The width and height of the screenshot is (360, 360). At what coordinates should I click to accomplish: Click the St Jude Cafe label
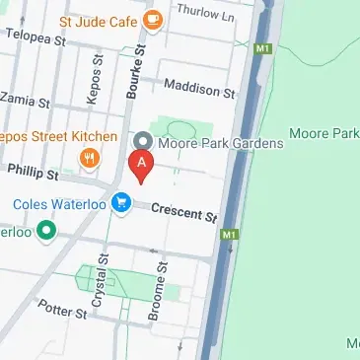pos(99,20)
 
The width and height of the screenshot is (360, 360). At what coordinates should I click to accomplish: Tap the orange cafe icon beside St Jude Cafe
pos(152,19)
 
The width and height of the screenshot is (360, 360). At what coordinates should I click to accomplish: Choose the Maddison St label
pos(200,90)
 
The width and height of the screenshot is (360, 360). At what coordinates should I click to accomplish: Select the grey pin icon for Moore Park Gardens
pos(142,141)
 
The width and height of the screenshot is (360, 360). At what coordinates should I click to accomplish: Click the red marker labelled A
pos(142,165)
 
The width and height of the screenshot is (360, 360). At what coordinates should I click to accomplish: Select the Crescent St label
pos(183,210)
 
